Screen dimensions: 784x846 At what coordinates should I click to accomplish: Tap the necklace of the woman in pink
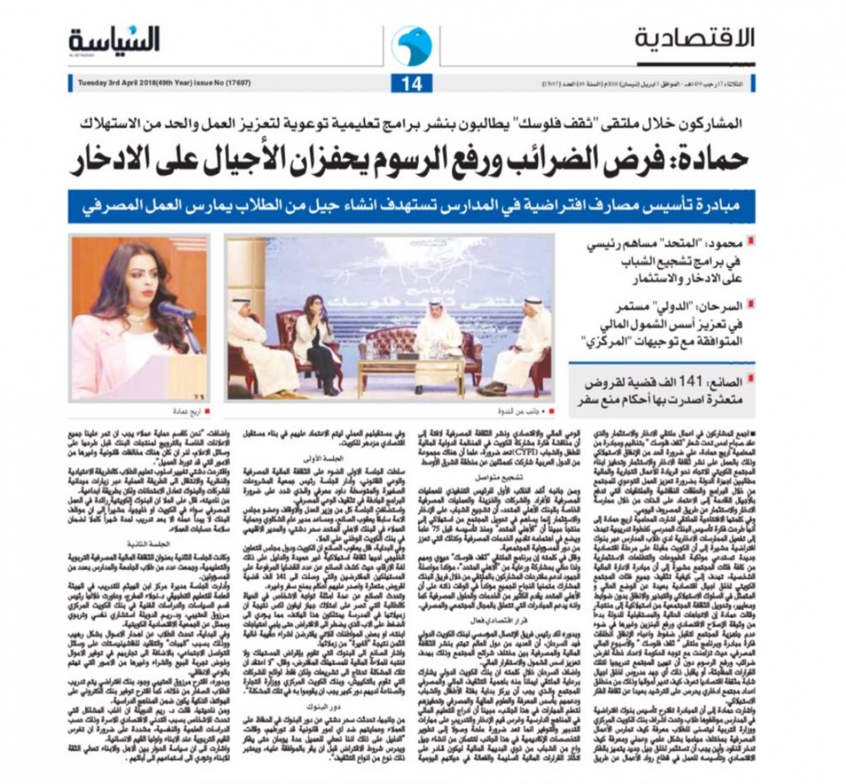pyautogui.click(x=135, y=319)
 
